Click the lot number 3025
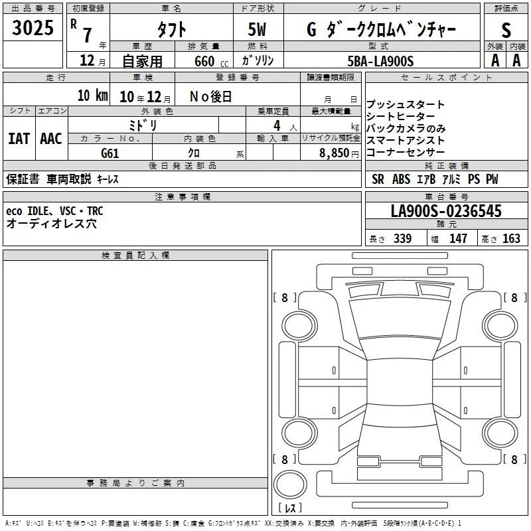point(33,27)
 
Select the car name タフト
point(171,29)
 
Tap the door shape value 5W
point(257,29)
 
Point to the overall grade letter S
point(506,30)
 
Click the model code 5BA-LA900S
point(380,61)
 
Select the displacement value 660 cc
point(211,61)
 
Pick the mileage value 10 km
point(92,96)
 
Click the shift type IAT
point(19,139)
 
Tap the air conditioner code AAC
point(51,139)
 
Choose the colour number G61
point(110,153)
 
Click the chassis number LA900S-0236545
point(446,210)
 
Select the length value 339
point(402,238)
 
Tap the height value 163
point(511,238)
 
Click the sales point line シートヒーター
point(401,117)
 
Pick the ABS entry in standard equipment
point(401,179)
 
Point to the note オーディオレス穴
point(52,224)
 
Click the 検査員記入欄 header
point(135,256)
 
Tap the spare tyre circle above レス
point(290,484)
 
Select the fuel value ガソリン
point(258,60)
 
